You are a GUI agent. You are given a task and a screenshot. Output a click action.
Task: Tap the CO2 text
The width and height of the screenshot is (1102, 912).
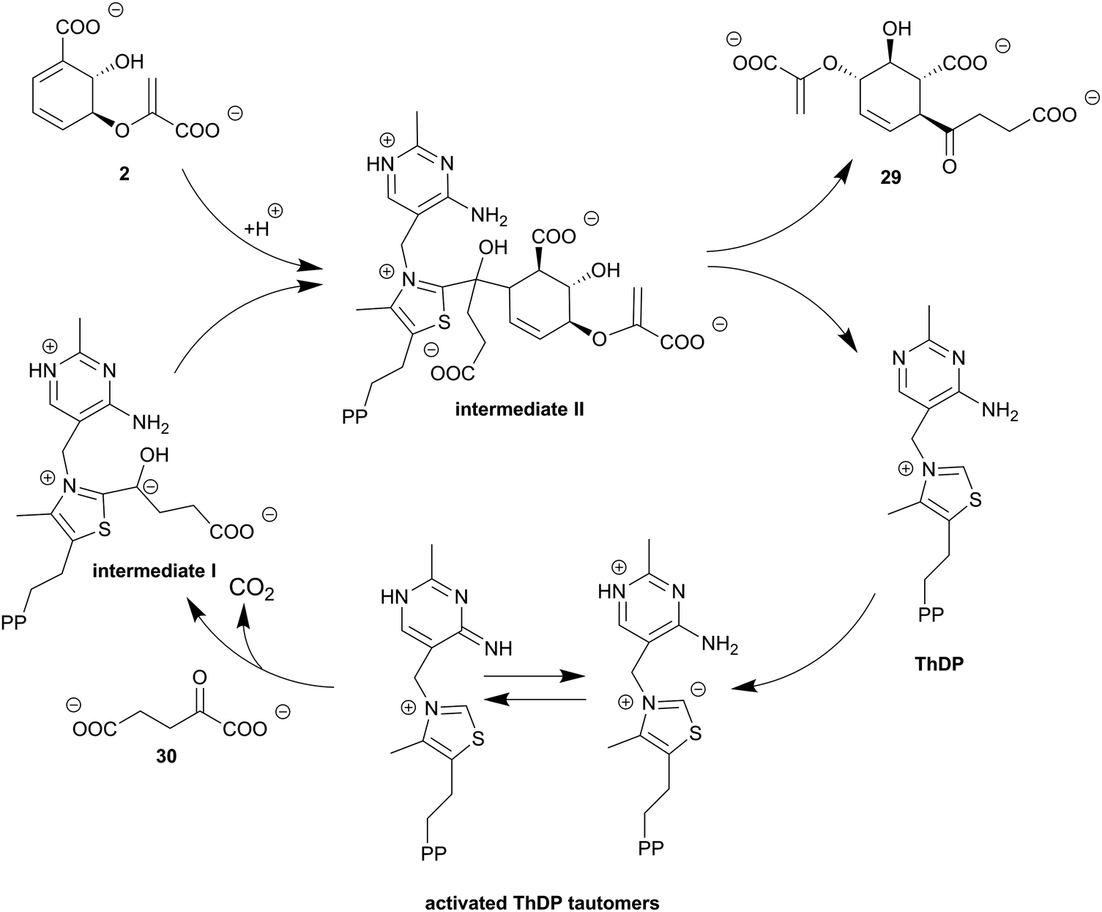(x=251, y=589)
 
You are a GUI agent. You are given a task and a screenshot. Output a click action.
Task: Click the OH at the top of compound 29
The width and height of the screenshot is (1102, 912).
(x=897, y=29)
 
